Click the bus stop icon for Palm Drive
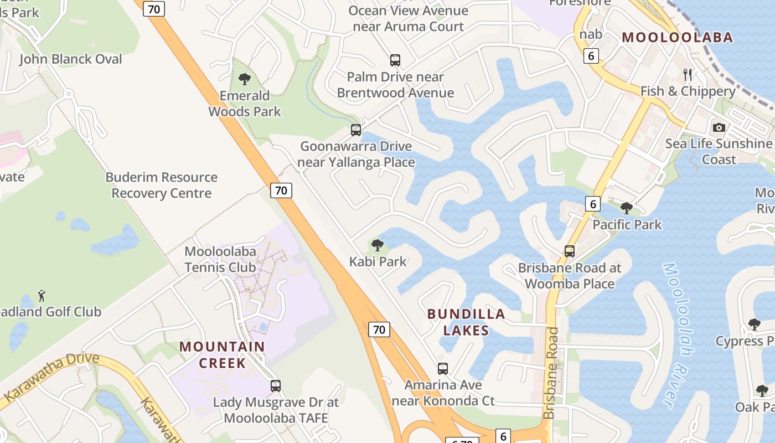(395, 60)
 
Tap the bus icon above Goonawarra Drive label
(356, 130)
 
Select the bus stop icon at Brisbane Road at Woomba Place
(569, 251)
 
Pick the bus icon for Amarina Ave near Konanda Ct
(442, 368)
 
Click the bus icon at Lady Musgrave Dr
(276, 385)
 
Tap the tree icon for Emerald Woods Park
(244, 79)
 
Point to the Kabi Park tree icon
(378, 245)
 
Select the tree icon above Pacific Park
(627, 208)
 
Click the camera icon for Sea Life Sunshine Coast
(719, 127)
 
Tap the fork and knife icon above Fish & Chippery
(688, 74)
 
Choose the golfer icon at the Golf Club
(42, 296)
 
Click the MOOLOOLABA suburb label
(677, 37)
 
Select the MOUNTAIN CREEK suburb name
(222, 354)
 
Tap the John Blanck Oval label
(71, 59)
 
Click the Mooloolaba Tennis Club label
(220, 259)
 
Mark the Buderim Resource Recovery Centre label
(162, 185)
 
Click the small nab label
(591, 34)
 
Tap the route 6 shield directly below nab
(591, 55)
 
